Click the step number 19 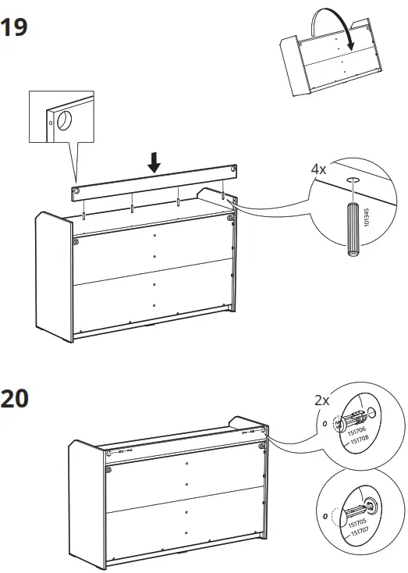(x=15, y=28)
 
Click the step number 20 (x=15, y=398)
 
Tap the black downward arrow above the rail (x=154, y=162)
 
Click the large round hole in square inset (x=63, y=121)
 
